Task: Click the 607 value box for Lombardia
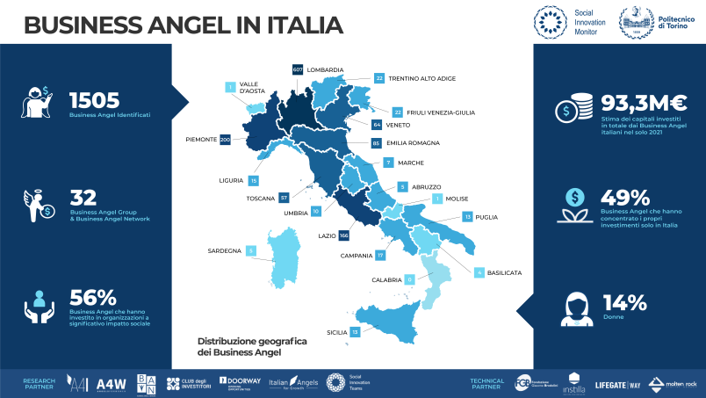pyautogui.click(x=297, y=69)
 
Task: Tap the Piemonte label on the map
pyautogui.click(x=201, y=140)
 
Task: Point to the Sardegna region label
pyautogui.click(x=224, y=250)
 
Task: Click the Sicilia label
pyautogui.click(x=335, y=332)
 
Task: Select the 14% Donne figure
pyautogui.click(x=624, y=303)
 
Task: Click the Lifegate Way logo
pyautogui.click(x=616, y=383)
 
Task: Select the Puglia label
pyautogui.click(x=486, y=216)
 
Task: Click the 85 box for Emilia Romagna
pyautogui.click(x=376, y=142)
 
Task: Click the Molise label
pyautogui.click(x=457, y=199)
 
